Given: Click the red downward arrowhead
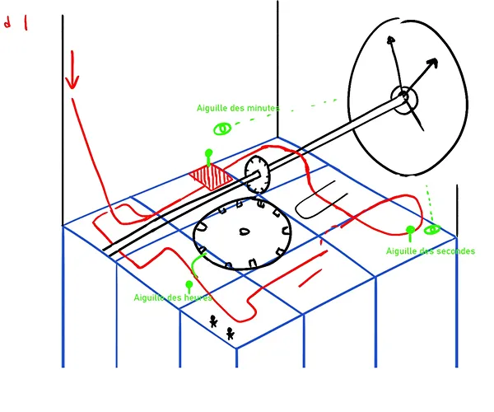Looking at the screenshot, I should [72, 81].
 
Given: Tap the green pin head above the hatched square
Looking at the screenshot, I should [208, 152].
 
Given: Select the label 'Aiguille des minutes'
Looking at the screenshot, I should [240, 108].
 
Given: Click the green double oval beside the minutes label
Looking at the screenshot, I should [222, 129].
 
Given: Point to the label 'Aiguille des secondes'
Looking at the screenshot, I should [430, 251].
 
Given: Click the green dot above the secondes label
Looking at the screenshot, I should [410, 230].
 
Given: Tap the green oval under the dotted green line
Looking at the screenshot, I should [431, 229].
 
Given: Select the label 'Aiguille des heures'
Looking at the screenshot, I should [173, 297].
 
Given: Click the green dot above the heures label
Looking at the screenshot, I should [189, 284].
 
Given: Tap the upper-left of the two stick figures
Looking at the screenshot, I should [213, 321].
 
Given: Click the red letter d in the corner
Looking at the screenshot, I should [8, 24].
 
